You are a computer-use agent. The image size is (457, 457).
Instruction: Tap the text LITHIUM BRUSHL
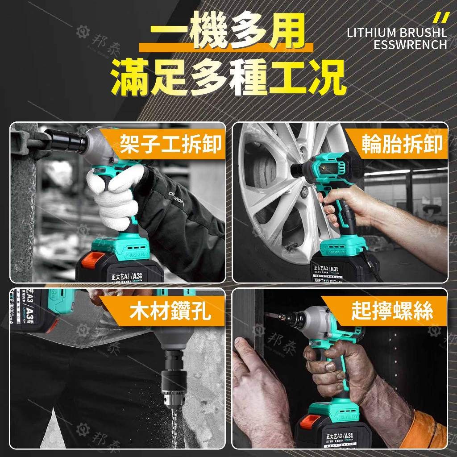coord(397,33)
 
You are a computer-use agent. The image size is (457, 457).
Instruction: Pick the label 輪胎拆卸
coord(402,145)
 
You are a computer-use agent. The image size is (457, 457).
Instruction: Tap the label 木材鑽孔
coord(170,312)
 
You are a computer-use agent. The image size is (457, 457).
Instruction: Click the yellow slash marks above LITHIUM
coord(441,18)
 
